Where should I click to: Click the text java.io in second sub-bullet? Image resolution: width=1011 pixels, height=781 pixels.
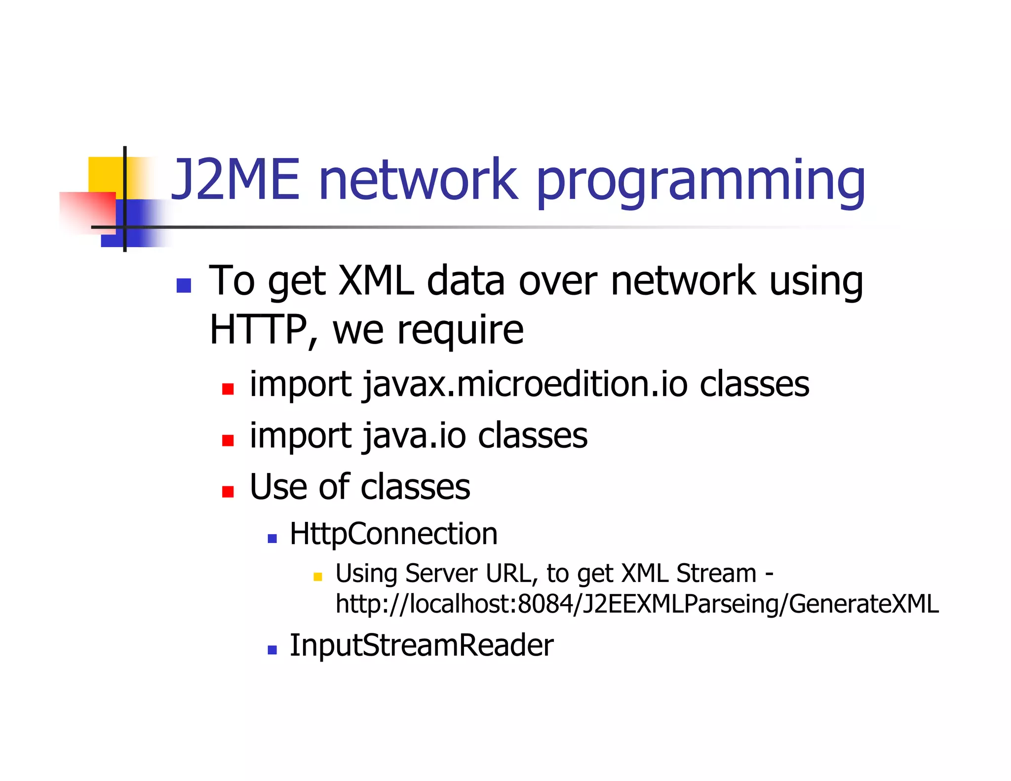(414, 435)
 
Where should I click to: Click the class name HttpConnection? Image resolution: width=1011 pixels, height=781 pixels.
(393, 534)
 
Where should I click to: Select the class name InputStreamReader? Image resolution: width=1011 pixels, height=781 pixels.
(421, 645)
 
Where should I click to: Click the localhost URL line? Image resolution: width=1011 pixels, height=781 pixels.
(637, 604)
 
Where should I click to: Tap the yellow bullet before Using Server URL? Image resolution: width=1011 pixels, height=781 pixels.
(317, 576)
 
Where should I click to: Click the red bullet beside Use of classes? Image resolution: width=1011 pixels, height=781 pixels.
(228, 491)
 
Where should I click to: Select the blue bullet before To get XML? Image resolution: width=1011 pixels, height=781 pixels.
(184, 285)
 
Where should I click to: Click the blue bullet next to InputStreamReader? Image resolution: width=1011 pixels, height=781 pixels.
(272, 649)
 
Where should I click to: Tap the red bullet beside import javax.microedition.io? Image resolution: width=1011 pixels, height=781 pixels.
(228, 389)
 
